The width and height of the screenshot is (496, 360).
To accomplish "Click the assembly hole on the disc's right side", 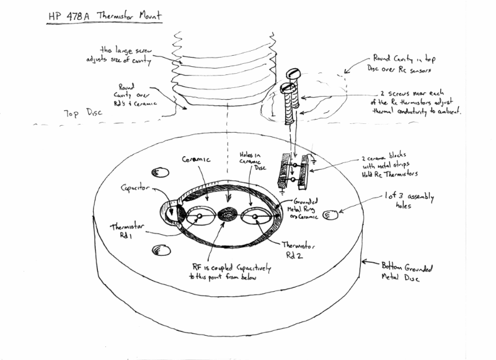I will tap(331, 214).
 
